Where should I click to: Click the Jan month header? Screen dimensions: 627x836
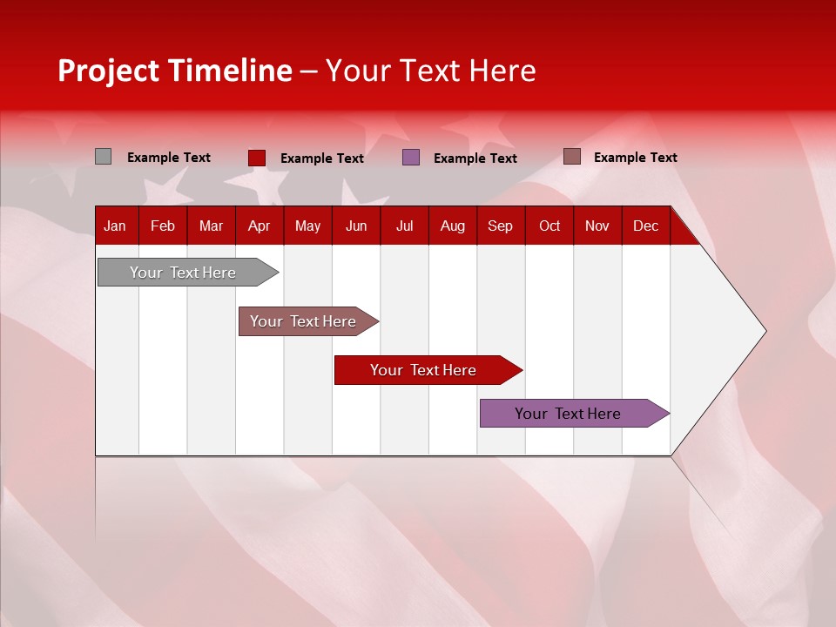[x=115, y=226]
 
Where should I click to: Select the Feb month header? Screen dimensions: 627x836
[x=163, y=226]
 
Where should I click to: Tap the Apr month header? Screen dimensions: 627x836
[x=259, y=226]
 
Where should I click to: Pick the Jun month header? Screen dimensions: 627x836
[x=356, y=226]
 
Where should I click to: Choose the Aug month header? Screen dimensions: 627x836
[x=452, y=226]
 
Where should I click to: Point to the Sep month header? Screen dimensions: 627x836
[x=500, y=226]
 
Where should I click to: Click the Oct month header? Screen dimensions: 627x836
[x=549, y=226]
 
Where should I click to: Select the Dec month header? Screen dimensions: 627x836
[x=645, y=226]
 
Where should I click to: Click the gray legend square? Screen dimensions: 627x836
[x=103, y=157]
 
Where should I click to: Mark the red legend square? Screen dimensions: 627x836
[x=256, y=158]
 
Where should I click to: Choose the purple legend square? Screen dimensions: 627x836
[x=411, y=158]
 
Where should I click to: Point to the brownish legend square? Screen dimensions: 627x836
[x=571, y=157]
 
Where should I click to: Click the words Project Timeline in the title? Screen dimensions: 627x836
[x=174, y=71]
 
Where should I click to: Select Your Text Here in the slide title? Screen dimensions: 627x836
[x=430, y=71]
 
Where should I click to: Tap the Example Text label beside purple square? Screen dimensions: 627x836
[x=475, y=158]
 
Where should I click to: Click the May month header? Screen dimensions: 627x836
[x=307, y=226]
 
